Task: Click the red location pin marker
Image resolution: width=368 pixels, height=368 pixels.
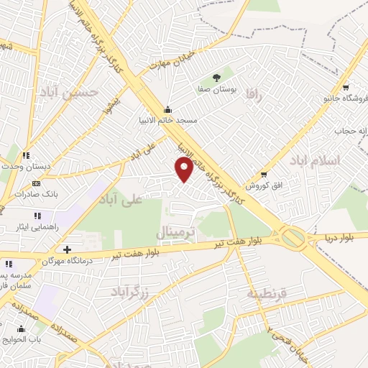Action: [x=185, y=168]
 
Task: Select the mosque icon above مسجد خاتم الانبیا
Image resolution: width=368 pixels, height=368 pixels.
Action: [x=168, y=109]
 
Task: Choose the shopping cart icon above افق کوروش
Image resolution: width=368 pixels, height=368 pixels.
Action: [x=264, y=174]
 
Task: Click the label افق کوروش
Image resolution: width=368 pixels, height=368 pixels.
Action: [x=263, y=185]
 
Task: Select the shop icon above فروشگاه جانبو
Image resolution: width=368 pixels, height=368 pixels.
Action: [x=346, y=86]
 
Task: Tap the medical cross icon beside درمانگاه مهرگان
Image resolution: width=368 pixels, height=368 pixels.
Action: [x=67, y=249]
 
